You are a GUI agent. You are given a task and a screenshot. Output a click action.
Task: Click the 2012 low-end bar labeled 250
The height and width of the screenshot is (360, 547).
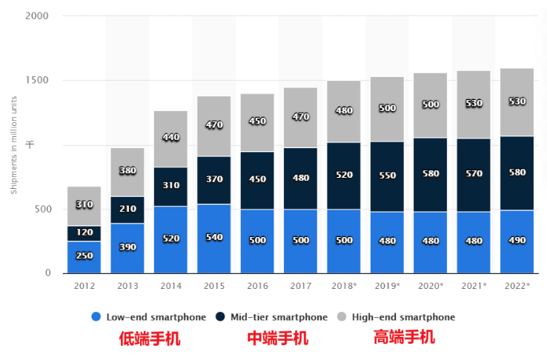pyautogui.click(x=84, y=256)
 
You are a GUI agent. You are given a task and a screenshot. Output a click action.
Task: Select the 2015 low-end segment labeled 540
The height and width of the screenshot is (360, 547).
pyautogui.click(x=213, y=238)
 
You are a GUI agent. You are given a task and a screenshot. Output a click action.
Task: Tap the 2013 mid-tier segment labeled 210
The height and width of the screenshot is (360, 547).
pyautogui.click(x=127, y=210)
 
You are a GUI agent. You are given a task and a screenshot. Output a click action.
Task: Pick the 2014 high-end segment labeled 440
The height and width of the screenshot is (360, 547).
pyautogui.click(x=170, y=138)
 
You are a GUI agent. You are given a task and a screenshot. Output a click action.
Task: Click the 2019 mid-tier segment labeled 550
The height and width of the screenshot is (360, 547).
pyautogui.click(x=387, y=177)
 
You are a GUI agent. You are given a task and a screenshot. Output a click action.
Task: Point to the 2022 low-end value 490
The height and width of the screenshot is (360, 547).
pyautogui.click(x=517, y=241)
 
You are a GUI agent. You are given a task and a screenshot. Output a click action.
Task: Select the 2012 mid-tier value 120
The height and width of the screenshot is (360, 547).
pyautogui.click(x=84, y=233)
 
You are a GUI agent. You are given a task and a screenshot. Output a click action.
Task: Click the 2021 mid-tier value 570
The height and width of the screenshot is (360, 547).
pyautogui.click(x=474, y=174)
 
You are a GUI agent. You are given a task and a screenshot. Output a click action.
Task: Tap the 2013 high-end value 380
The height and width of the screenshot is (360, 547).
pyautogui.click(x=127, y=171)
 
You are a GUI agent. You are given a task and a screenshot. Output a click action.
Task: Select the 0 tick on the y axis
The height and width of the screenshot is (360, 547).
pyautogui.click(x=47, y=273)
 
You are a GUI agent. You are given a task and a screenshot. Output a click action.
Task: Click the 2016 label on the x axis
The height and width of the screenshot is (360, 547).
pyautogui.click(x=257, y=285)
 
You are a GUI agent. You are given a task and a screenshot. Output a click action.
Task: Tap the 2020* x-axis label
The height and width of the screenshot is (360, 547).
pyautogui.click(x=431, y=285)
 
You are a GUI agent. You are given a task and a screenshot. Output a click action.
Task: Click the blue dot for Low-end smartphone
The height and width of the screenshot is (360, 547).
pyautogui.click(x=96, y=317)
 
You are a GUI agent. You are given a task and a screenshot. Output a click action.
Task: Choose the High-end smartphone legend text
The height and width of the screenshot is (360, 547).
pyautogui.click(x=403, y=317)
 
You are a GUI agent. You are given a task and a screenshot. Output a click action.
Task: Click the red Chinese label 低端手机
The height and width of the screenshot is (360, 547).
pyautogui.click(x=150, y=339)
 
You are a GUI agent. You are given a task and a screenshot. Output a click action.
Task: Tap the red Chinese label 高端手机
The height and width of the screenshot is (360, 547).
pyautogui.click(x=404, y=337)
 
